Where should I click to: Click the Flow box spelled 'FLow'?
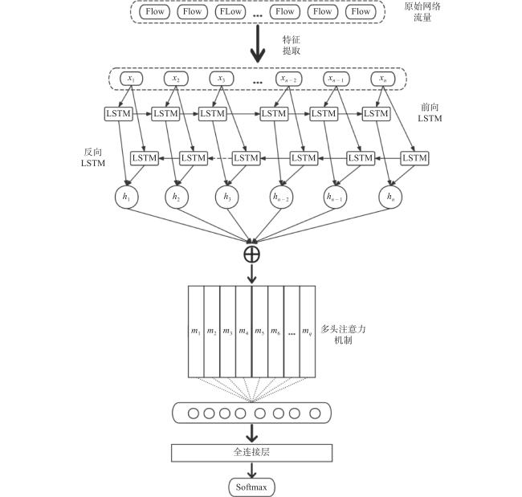click(230, 12)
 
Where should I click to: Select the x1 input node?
click(131, 79)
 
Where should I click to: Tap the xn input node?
click(383, 79)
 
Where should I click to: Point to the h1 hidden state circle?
click(127, 197)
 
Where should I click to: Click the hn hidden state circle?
click(390, 197)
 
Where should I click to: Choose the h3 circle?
click(227, 197)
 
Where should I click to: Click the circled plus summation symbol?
click(251, 255)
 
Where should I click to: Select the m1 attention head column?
click(196, 332)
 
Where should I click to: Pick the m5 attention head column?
click(259, 332)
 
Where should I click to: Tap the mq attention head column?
click(308, 332)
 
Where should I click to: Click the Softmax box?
click(251, 487)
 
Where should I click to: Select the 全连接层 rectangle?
click(251, 453)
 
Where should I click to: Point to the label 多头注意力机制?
click(343, 335)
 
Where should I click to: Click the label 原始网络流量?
click(422, 12)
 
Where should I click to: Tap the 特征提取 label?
click(292, 45)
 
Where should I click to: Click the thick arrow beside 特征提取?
click(258, 43)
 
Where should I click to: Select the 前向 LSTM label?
click(430, 112)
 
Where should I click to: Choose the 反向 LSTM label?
click(93, 157)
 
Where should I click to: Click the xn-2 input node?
click(288, 79)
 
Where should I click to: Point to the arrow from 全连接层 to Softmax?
click(251, 470)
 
